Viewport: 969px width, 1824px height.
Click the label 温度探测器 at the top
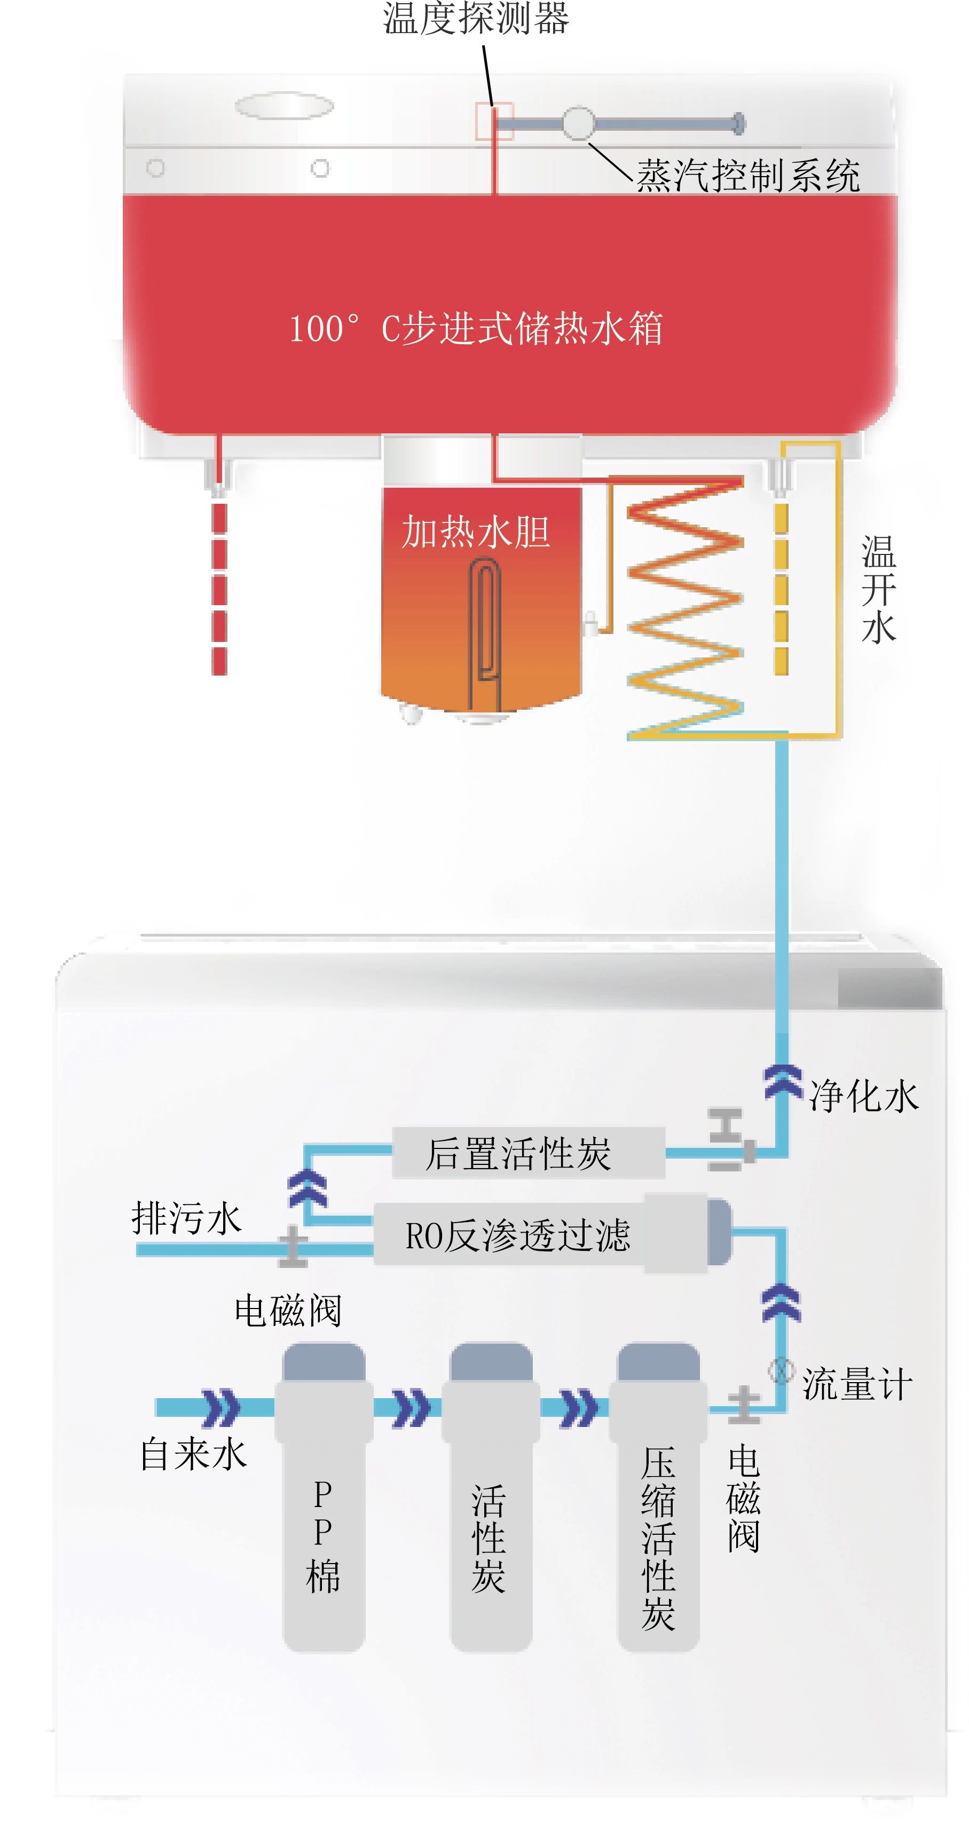[476, 18]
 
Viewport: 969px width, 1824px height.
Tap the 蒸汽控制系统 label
[747, 176]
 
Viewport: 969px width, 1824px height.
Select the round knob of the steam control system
[579, 123]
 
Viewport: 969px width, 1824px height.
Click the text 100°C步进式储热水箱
[476, 329]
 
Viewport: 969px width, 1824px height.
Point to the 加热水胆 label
[476, 532]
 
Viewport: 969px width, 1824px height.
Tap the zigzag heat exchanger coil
[685, 609]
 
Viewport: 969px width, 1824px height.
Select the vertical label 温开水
[878, 589]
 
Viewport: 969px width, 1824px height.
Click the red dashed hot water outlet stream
[219, 588]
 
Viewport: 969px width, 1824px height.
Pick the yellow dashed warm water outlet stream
[781, 588]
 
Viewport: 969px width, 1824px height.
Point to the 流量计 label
[857, 1384]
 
